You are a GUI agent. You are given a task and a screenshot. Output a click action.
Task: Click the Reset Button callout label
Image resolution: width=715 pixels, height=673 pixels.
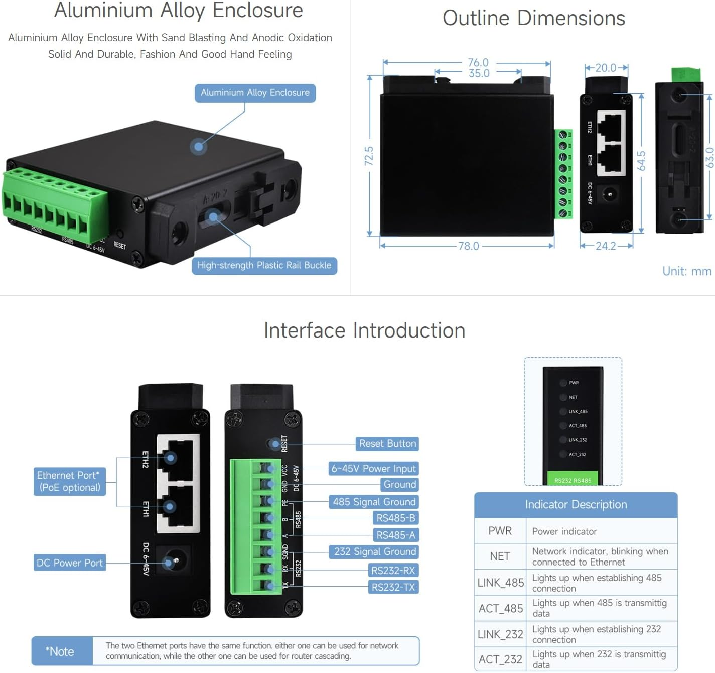pos(387,444)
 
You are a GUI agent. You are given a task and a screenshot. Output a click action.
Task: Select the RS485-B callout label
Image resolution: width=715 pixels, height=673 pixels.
pos(396,518)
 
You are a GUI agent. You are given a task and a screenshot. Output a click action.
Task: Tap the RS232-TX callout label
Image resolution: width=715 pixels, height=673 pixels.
pos(393,587)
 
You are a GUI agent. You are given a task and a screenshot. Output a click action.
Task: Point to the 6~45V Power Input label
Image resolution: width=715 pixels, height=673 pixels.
pos(373,469)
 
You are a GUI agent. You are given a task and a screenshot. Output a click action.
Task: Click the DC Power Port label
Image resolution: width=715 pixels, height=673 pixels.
pos(70,563)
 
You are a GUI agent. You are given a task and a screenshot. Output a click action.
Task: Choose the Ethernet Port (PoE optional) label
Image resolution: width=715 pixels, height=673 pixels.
pos(70,482)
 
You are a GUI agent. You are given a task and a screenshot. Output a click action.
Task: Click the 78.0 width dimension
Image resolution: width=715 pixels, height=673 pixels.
pos(468,246)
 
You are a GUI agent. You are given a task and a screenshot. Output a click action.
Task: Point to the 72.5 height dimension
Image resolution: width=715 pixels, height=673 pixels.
pos(369,156)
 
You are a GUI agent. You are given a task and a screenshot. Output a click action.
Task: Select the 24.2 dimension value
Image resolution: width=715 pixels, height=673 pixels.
pos(606,246)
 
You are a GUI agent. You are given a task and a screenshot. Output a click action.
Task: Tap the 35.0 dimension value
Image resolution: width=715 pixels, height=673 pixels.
pos(479,74)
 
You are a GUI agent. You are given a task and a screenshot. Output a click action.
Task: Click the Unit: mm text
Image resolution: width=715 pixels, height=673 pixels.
pos(686,271)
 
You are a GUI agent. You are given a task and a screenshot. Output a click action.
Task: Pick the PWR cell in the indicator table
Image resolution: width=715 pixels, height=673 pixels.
pos(500,531)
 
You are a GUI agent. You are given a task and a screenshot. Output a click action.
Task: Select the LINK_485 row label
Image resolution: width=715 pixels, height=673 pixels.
pos(500,583)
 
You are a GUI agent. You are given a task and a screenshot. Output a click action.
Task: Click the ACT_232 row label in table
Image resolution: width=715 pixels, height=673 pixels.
pos(500,659)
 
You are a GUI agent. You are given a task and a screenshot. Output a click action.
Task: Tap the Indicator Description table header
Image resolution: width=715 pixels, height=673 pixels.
pos(576,505)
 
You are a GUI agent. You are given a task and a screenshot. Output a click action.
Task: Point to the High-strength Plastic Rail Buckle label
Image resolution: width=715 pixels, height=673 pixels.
pos(264,265)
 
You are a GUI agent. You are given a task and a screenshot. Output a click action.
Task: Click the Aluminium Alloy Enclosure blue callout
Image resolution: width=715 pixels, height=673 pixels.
pos(255,93)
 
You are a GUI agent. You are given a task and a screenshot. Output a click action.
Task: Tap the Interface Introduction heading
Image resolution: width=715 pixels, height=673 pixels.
pos(364,330)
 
